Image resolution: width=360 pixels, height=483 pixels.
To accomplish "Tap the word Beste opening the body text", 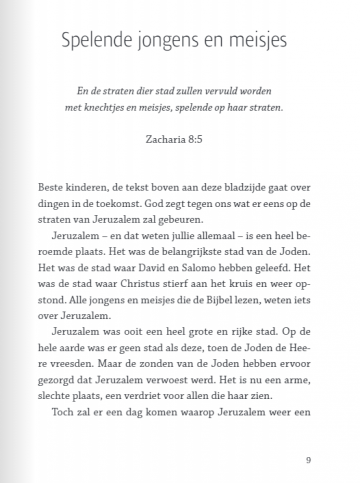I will [50, 187].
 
